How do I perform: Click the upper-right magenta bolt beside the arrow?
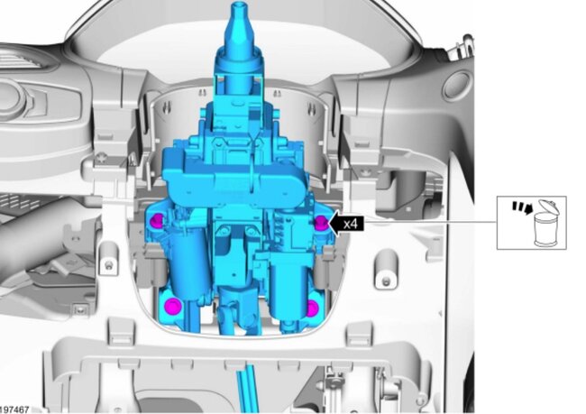(x=321, y=224)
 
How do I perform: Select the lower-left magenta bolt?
(x=173, y=306)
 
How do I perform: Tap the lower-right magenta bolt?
(x=312, y=308)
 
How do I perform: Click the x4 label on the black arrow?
(x=351, y=224)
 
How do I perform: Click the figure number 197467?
(x=14, y=409)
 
